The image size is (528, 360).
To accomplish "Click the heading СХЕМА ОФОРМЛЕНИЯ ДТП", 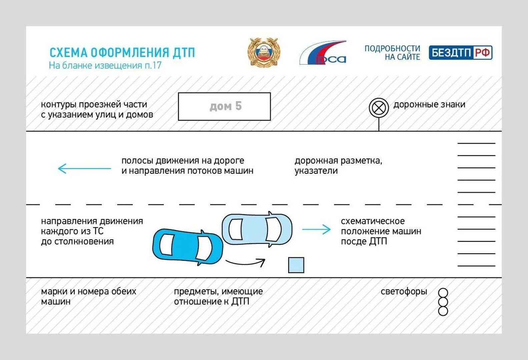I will pos(122,53).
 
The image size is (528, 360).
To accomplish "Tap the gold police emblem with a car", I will pos(264,53).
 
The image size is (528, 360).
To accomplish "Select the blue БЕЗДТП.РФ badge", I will pos(460,53).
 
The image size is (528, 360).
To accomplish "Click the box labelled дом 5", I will pos(224,106).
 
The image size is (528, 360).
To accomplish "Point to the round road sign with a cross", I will pos(379,108).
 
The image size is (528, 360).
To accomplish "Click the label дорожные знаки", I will pos(429,105).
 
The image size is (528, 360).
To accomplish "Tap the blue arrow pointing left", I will pos(84,168).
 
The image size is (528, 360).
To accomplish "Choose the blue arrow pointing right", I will pos(316,229).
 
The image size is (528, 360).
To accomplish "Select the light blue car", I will pos(257,229).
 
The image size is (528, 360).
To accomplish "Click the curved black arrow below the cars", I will pos(245,263).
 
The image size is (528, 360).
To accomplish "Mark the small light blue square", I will pos(296,265).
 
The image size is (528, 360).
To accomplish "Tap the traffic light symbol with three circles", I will pos(443,302).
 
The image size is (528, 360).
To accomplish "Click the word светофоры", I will pos(404,291).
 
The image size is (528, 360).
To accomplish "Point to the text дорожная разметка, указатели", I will pos(338,166).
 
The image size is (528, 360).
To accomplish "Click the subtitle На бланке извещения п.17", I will pos(105,65).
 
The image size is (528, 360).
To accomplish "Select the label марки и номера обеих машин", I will pos(88,296).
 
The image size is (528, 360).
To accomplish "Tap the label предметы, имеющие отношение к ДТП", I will pos(218,296).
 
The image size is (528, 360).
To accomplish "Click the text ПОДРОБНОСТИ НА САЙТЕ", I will pos(392,53).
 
